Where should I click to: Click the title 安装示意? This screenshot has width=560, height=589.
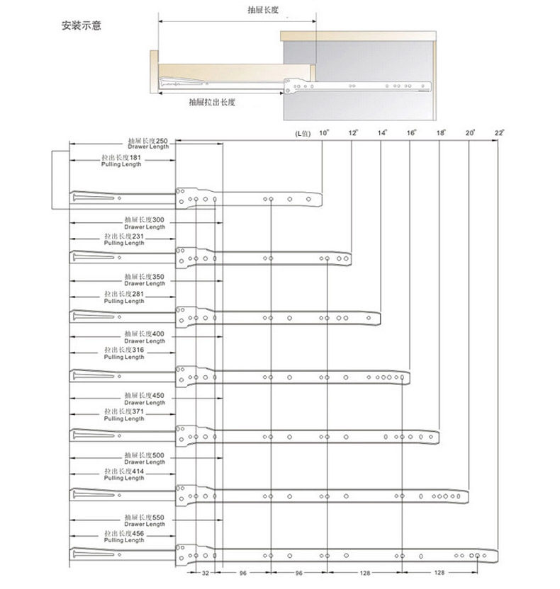pyautogui.click(x=81, y=26)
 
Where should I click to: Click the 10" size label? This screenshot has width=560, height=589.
pyautogui.click(x=323, y=132)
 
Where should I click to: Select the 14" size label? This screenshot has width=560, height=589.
pyautogui.click(x=383, y=132)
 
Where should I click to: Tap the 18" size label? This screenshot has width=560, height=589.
pyautogui.click(x=441, y=132)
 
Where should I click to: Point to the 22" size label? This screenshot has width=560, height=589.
pyautogui.click(x=499, y=132)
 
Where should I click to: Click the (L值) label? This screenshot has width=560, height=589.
pyautogui.click(x=302, y=133)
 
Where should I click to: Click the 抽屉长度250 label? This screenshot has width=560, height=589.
pyautogui.click(x=147, y=141)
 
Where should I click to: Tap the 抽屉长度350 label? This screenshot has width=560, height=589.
pyautogui.click(x=144, y=277)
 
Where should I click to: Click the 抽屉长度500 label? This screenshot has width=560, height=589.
pyautogui.click(x=144, y=455)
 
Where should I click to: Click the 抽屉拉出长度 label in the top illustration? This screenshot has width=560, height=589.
pyautogui.click(x=212, y=102)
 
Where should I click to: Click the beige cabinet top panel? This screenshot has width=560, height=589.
pyautogui.click(x=357, y=35)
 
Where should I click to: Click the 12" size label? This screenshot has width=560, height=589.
pyautogui.click(x=353, y=132)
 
